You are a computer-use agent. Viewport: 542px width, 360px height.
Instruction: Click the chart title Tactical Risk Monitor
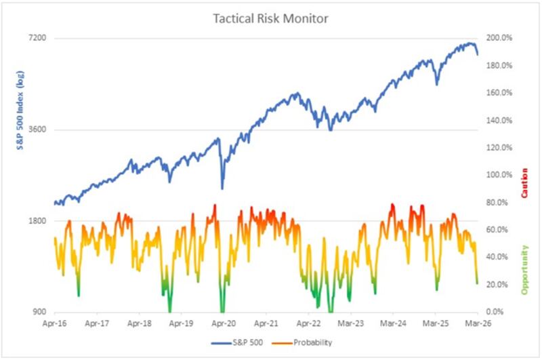tap(270, 18)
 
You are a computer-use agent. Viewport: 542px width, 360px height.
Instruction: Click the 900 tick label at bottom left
tap(39, 312)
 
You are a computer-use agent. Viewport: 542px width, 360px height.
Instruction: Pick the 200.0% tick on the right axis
tap(500, 38)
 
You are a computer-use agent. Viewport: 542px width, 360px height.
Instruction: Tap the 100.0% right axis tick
tap(500, 175)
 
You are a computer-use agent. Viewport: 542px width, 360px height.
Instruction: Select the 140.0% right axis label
tap(500, 120)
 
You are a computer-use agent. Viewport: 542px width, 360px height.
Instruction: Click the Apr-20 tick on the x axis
tap(224, 324)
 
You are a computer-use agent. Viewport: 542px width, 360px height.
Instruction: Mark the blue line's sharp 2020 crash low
tap(222, 188)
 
